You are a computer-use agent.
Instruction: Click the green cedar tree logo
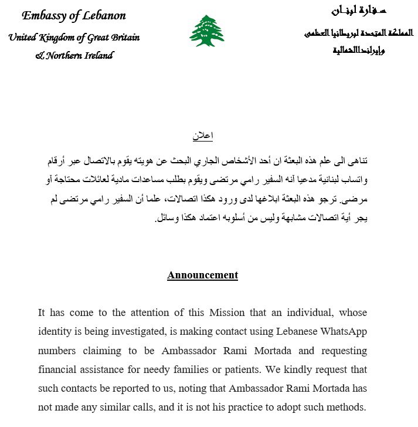coord(206,31)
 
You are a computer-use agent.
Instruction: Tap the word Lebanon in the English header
coord(104,16)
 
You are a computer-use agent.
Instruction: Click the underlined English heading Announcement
coord(202,275)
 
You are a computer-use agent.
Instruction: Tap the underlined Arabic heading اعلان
coord(203,136)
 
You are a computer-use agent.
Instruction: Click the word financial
coord(60,370)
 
